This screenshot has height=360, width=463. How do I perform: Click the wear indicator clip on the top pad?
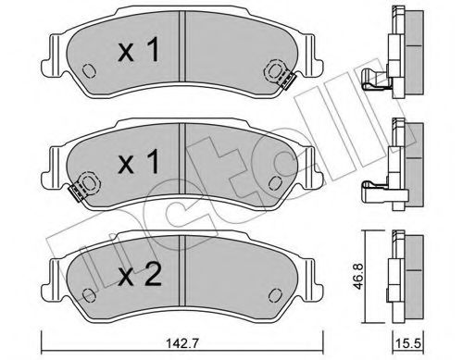[x=277, y=70]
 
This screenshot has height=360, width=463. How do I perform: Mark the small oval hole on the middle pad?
[x=274, y=181]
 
